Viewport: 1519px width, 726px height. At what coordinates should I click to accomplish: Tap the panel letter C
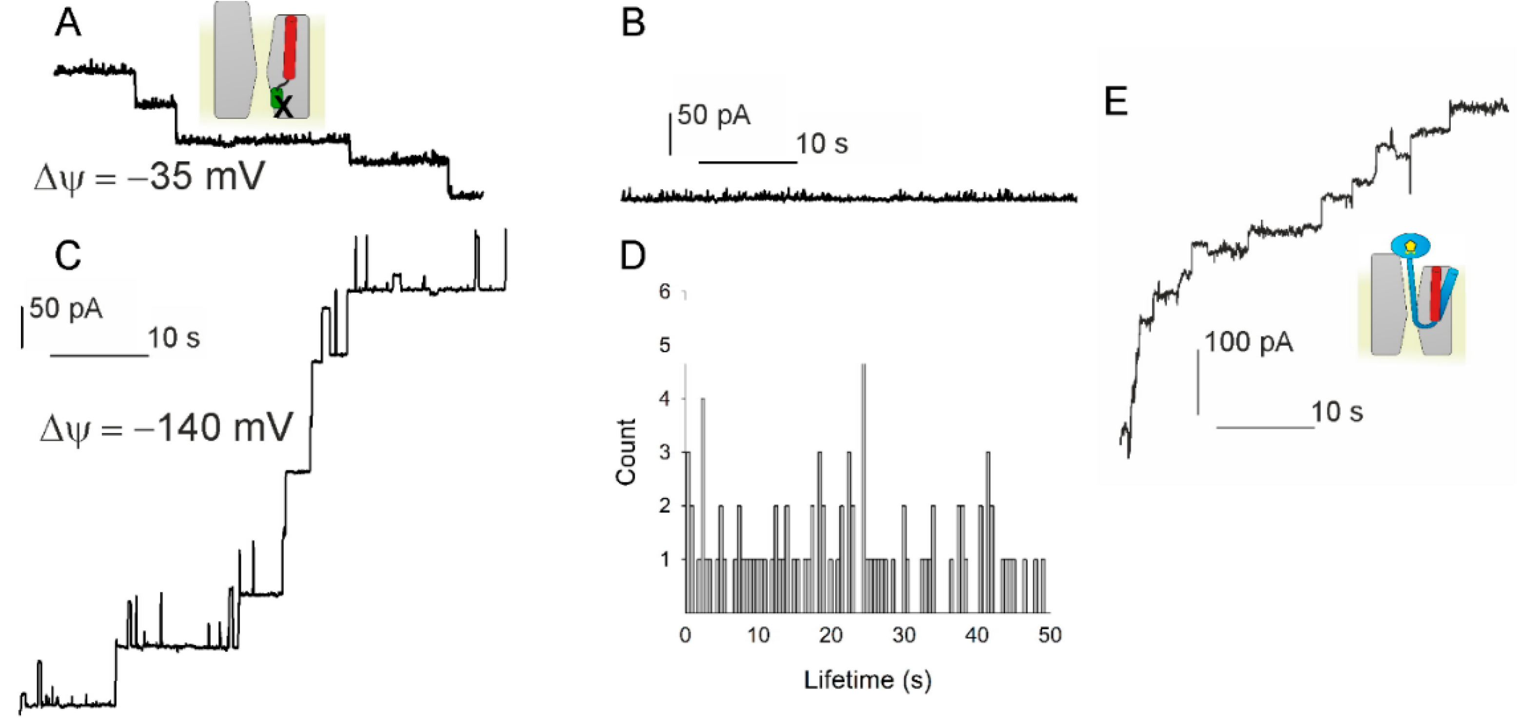tap(68, 256)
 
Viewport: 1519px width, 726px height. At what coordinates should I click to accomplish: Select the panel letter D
tap(633, 256)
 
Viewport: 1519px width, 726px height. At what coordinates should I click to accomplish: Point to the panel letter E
tap(1116, 101)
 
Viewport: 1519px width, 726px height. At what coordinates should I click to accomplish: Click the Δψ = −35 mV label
tap(149, 177)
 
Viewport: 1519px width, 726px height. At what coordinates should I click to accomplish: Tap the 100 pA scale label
tap(1248, 342)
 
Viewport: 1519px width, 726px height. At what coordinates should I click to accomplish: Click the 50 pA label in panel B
tap(713, 115)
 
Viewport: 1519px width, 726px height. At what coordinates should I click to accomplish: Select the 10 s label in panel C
tap(174, 338)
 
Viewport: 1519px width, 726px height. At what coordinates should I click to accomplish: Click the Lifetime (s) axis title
tap(868, 680)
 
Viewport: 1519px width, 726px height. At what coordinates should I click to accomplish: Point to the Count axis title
tap(626, 452)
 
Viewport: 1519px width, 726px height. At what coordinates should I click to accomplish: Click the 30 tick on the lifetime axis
tap(904, 635)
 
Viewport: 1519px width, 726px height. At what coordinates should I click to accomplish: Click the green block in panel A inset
tap(276, 98)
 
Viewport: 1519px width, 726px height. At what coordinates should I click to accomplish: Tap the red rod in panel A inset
tap(291, 47)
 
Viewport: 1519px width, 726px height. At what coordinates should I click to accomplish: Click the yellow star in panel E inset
tap(1410, 245)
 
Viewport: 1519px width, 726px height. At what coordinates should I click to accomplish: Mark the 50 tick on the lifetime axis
tap(1049, 635)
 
